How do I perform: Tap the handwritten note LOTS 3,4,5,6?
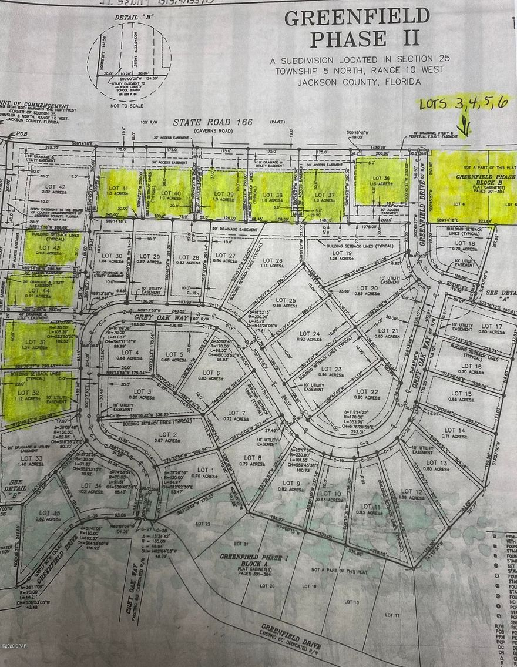(x=462, y=103)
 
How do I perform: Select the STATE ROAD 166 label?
(x=213, y=122)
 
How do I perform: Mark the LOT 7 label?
(x=236, y=413)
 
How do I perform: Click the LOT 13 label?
(x=434, y=463)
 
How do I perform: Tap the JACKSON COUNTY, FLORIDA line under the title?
(x=358, y=82)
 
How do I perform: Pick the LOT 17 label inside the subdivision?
(x=491, y=326)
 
